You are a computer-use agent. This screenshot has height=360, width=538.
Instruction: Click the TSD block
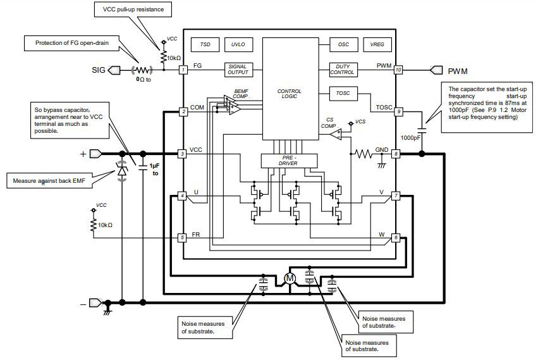205,45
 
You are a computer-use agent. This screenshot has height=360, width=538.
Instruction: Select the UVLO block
238,45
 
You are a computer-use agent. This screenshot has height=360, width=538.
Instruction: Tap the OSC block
343,45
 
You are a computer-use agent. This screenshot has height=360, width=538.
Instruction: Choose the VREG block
377,45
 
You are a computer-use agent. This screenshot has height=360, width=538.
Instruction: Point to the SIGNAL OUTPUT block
238,70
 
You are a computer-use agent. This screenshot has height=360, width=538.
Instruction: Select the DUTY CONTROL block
343,70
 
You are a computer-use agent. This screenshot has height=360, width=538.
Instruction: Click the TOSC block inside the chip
343,94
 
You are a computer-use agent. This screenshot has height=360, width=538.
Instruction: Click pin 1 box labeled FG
183,70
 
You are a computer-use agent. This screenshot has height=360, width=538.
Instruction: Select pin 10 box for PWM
398,70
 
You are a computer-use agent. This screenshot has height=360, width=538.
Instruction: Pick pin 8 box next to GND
396,154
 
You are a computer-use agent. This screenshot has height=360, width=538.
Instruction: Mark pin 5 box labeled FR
183,238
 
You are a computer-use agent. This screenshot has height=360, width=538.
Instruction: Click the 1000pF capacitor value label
410,137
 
